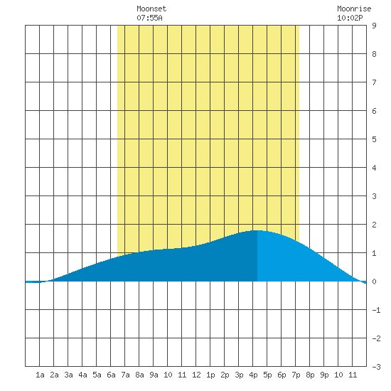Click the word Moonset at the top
(x=151, y=9)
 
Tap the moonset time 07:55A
(x=149, y=18)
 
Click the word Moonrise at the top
(x=354, y=9)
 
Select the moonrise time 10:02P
(x=350, y=18)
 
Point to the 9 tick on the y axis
(x=374, y=26)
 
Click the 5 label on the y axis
(x=374, y=139)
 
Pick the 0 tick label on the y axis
(x=374, y=282)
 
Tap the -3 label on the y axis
(x=376, y=367)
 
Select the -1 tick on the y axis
(x=376, y=310)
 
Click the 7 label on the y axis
(x=374, y=82)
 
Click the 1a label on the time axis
(x=40, y=375)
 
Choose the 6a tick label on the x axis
(x=111, y=375)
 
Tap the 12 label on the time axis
(x=196, y=375)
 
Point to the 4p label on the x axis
(x=253, y=375)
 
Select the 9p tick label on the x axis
(x=324, y=375)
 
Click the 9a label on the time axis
(x=154, y=375)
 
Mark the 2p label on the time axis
(x=225, y=375)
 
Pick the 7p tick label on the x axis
(x=296, y=375)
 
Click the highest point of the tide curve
(x=257, y=230)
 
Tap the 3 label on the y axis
(x=374, y=196)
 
